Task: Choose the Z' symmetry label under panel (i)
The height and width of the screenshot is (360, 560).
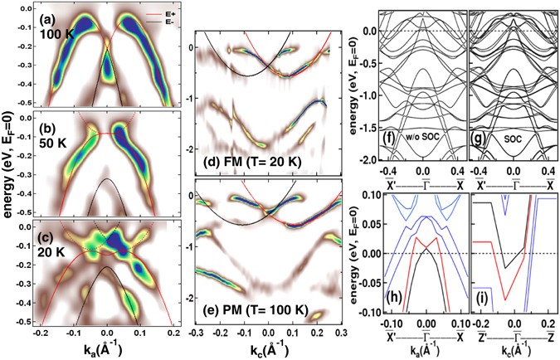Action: point(479,338)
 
